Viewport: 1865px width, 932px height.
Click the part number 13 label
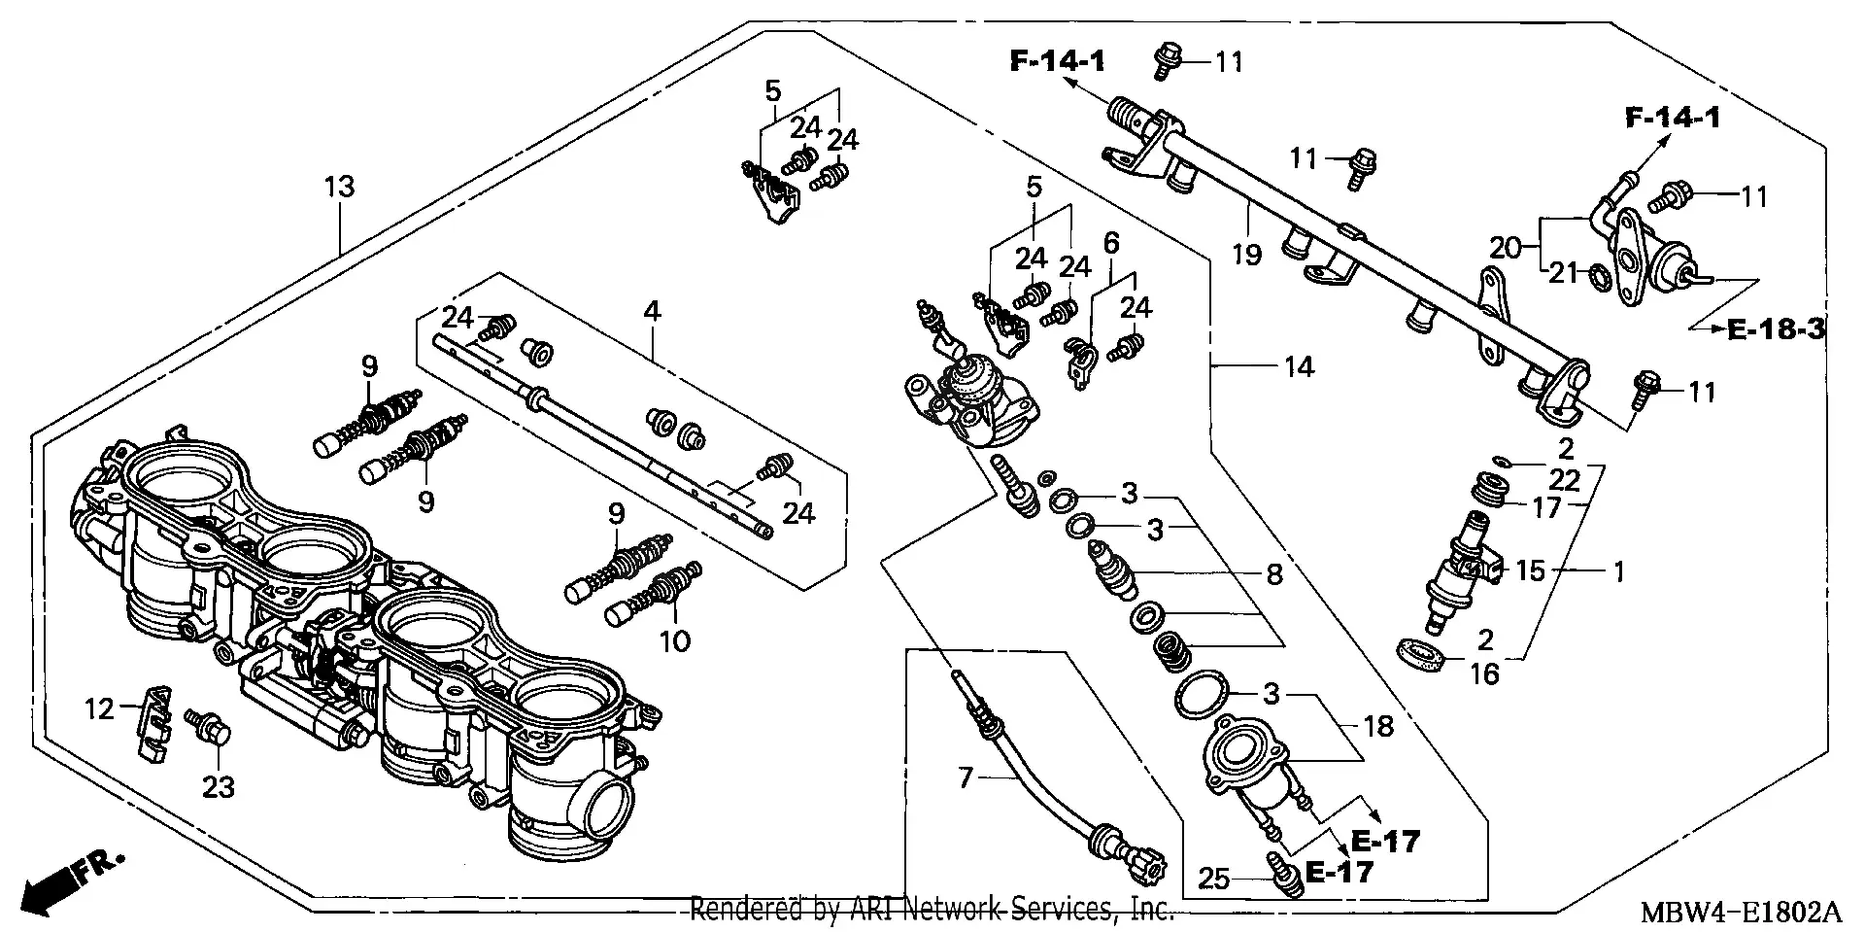[339, 187]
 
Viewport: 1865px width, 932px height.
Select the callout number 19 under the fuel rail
[1246, 255]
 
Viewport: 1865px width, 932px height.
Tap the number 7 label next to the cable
[965, 778]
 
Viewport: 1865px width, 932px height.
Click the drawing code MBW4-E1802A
[1742, 915]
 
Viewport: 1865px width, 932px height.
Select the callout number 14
[1299, 367]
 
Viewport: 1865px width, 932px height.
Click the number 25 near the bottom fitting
[1214, 880]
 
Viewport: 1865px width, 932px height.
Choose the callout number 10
[675, 640]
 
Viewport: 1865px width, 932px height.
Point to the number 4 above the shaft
[652, 312]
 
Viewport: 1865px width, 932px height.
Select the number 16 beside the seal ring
[1484, 673]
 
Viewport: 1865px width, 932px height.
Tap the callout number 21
[1563, 273]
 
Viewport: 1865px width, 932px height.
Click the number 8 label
[1274, 574]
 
